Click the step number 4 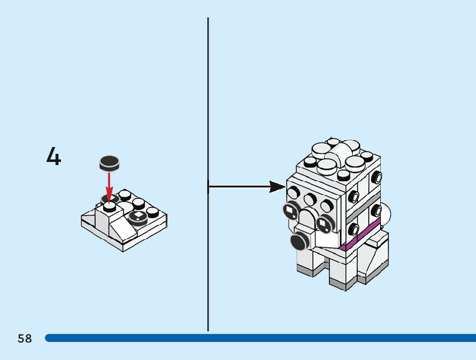click(x=54, y=156)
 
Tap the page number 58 click(x=25, y=339)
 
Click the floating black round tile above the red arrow click(x=110, y=163)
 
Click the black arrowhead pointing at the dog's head click(x=277, y=186)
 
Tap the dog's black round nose click(x=301, y=240)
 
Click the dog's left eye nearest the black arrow click(x=291, y=212)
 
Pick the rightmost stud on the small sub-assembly click(x=153, y=211)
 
